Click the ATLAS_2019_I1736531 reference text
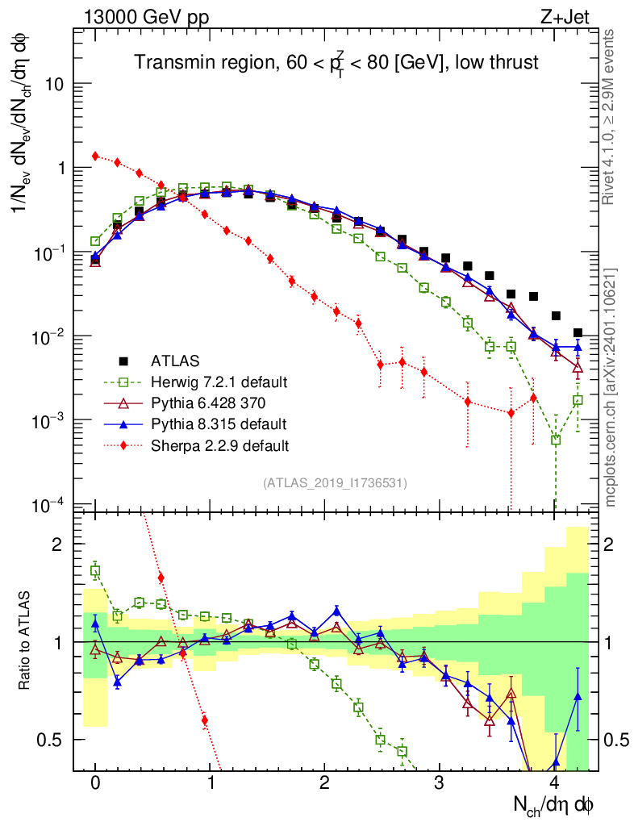click(335, 483)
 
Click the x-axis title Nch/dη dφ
click(554, 805)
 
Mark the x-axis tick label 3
click(440, 782)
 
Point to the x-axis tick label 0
click(95, 782)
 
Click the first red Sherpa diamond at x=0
click(95, 156)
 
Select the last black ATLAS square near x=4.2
click(578, 332)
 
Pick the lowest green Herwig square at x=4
click(556, 440)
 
